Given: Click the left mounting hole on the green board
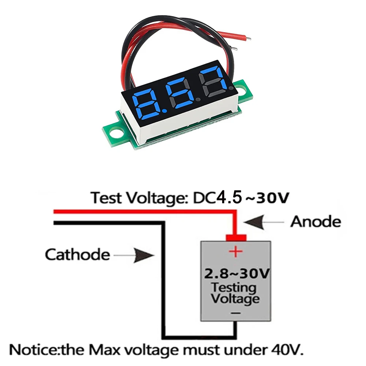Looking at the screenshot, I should (116, 131).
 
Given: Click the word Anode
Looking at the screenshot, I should (315, 221).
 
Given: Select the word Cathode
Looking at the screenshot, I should (77, 254).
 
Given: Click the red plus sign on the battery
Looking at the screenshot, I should (236, 251).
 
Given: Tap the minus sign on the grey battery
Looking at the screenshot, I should (236, 313).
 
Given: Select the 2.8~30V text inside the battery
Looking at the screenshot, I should (236, 273).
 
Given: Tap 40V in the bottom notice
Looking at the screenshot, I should (288, 350).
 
